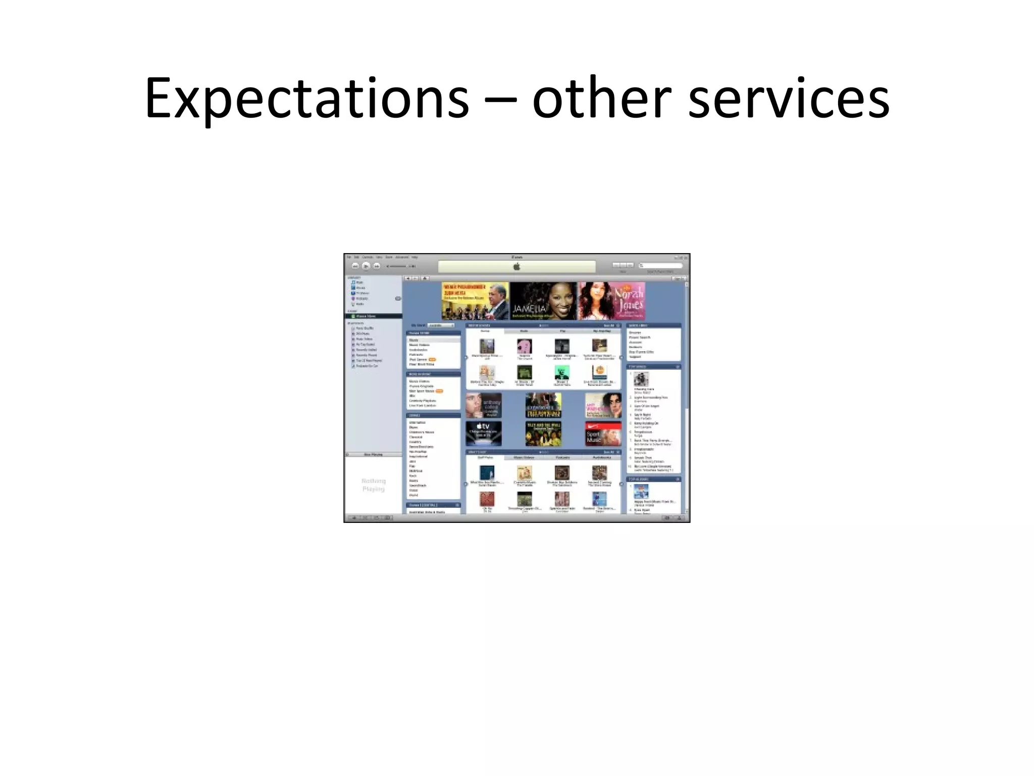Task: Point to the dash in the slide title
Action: pyautogui.click(x=500, y=100)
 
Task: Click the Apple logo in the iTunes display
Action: pyautogui.click(x=516, y=267)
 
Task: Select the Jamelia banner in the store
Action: pyautogui.click(x=543, y=301)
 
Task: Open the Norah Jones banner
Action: pyautogui.click(x=611, y=301)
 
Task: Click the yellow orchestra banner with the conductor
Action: pyautogui.click(x=475, y=301)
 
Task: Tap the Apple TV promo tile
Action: pyautogui.click(x=484, y=433)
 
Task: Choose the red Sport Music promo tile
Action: pyautogui.click(x=603, y=433)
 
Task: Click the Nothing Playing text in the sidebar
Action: pyautogui.click(x=374, y=484)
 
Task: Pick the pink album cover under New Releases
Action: pyautogui.click(x=525, y=346)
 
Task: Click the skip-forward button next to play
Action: pyautogui.click(x=377, y=266)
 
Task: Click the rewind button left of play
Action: pyautogui.click(x=355, y=266)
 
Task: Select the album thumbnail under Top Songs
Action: pyautogui.click(x=641, y=379)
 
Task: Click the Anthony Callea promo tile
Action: pyautogui.click(x=484, y=405)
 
